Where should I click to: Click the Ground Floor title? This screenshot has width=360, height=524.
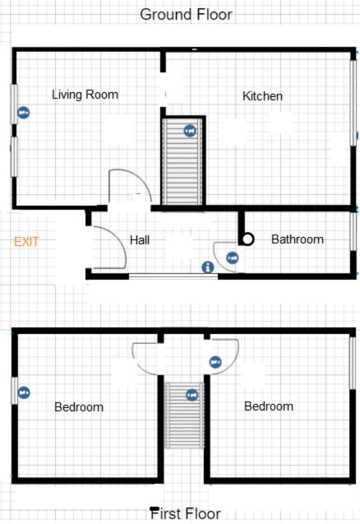point(186,14)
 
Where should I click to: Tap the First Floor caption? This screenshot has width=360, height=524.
point(186,513)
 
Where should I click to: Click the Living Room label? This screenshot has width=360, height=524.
point(85,95)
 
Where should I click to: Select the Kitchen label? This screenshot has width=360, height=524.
point(262,96)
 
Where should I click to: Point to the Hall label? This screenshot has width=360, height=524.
point(140,240)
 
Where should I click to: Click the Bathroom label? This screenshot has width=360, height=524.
point(298,239)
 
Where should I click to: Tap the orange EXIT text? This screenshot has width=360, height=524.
point(26,242)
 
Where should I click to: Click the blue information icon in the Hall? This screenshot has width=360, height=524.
point(208,267)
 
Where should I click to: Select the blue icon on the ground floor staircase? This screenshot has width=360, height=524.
point(190,131)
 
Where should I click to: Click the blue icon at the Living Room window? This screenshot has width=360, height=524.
point(23,113)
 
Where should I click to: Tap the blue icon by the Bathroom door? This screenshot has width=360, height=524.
point(233,258)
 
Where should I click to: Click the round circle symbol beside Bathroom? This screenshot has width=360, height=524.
point(247,239)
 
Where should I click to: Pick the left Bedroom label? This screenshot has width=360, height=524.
point(79,407)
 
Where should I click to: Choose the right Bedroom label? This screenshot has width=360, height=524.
point(269,406)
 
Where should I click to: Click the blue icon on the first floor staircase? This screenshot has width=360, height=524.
point(192,395)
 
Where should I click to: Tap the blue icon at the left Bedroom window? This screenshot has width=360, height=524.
point(24,392)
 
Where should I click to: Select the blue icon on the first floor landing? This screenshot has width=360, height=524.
point(215,362)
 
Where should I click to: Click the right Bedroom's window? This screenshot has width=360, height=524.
point(352,364)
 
